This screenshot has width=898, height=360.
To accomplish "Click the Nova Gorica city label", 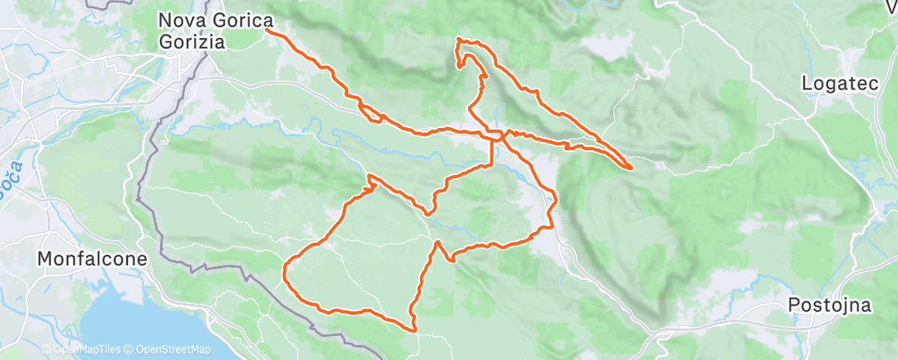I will click(216, 19).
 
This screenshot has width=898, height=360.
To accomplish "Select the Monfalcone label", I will click(92, 258).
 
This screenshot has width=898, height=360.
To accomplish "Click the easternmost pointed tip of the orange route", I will click(632, 168).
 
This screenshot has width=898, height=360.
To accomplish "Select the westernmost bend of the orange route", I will click(285, 268).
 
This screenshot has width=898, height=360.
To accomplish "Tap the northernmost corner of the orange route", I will click(459, 39).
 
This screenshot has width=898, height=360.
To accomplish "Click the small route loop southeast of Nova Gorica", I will click(371, 115).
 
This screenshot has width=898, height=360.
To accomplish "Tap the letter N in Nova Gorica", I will click(165, 19).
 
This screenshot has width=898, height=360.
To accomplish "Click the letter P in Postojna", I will click(794, 305).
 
